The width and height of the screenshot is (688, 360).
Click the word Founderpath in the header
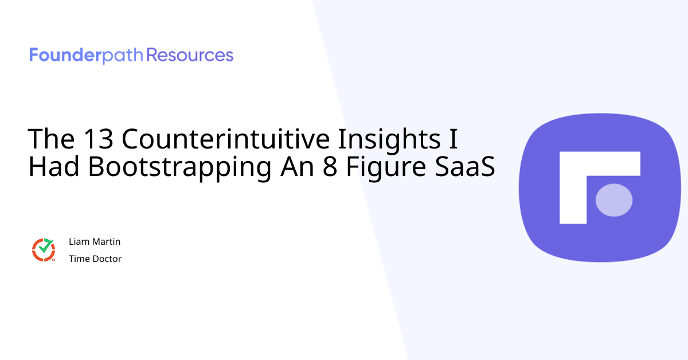[87, 56]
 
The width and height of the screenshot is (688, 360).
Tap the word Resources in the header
[190, 56]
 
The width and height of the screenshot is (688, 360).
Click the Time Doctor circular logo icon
[44, 250]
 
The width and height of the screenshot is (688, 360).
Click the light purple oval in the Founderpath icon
[614, 200]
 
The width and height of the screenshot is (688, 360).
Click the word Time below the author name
[78, 259]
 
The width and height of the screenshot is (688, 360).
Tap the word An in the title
[296, 167]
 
